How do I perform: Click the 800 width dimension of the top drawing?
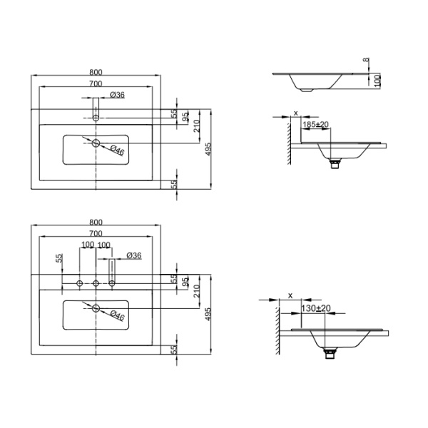tap(96, 72)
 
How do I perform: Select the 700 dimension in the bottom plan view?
tap(96, 233)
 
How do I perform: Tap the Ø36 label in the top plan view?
tap(118, 95)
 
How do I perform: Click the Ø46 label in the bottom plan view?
tap(118, 315)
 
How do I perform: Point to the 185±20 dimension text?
tap(316, 124)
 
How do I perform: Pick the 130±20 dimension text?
tap(316, 308)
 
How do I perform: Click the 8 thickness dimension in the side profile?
tap(367, 59)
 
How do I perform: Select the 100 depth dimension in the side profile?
tap(377, 81)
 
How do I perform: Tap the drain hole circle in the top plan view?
tap(96, 143)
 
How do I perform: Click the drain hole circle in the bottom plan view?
tap(96, 308)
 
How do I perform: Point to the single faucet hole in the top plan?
tap(96, 118)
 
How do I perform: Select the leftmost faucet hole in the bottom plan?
tap(80, 283)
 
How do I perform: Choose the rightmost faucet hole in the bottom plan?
tap(112, 283)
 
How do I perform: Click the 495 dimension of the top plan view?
tap(208, 149)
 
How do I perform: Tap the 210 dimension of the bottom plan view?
tap(197, 291)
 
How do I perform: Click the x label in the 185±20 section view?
tap(295, 113)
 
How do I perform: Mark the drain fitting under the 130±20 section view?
tap(329, 354)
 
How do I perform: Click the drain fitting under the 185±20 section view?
tap(335, 163)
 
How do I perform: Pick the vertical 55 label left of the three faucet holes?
tap(59, 258)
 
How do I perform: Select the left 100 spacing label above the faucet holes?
tap(88, 245)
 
